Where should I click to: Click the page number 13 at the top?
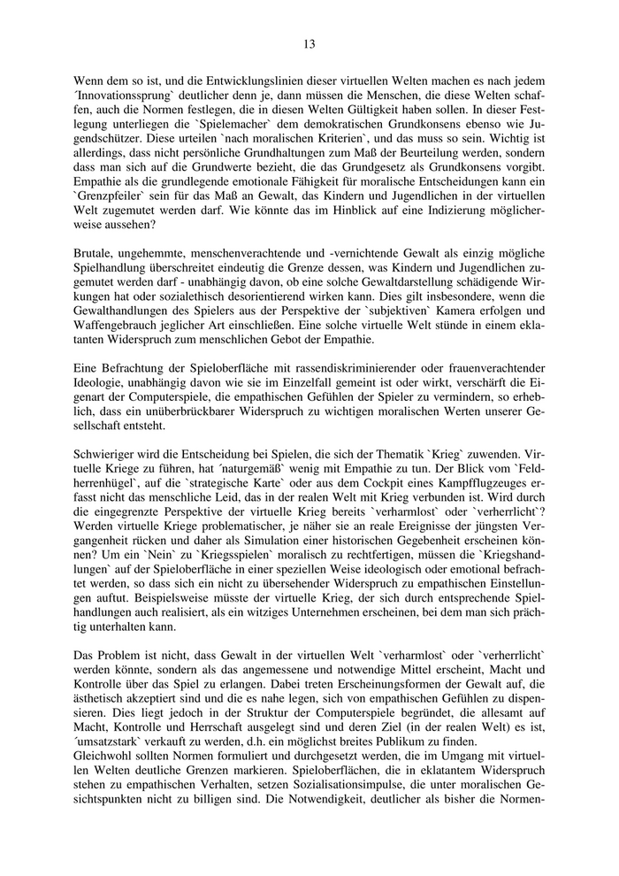coord(309,43)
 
